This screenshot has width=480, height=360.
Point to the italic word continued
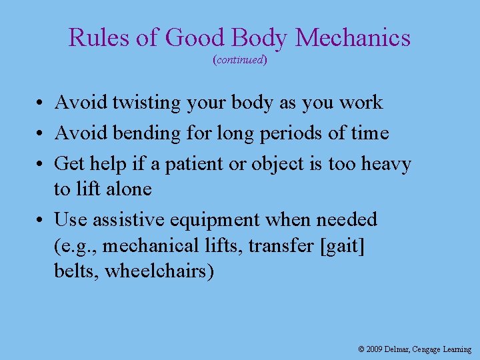[x=240, y=60]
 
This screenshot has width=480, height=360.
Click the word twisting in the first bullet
[x=146, y=103]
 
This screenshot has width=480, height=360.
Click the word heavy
[x=387, y=164]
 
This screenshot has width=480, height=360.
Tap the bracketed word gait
[x=343, y=247]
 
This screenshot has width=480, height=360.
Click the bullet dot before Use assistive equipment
[x=41, y=220]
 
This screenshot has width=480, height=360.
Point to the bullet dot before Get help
[x=41, y=164]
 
